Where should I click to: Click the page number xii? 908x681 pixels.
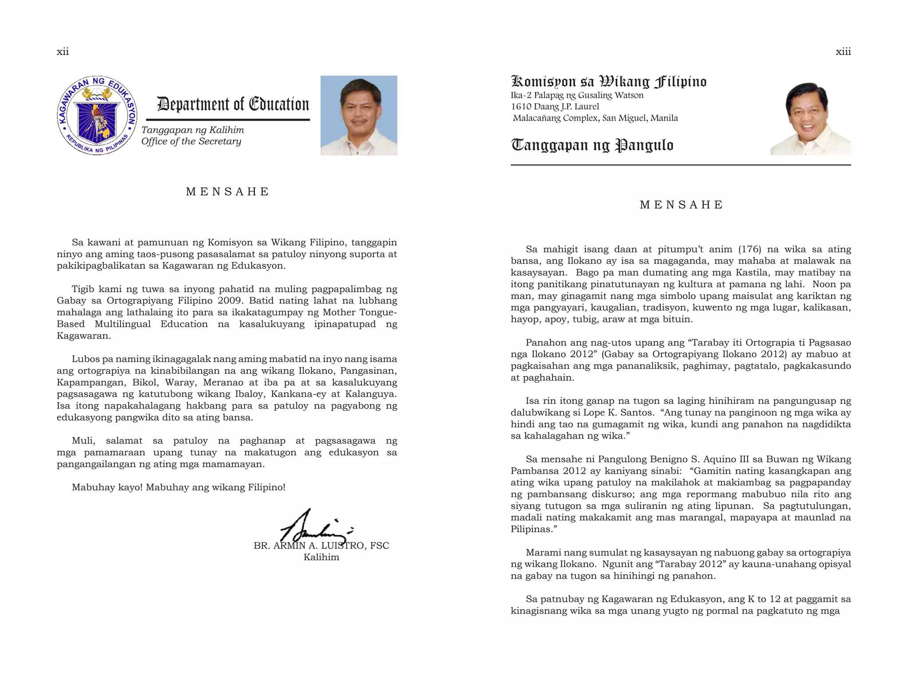pyautogui.click(x=63, y=52)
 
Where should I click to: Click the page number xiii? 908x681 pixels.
pyautogui.click(x=843, y=52)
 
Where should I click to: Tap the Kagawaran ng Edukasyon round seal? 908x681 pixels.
pyautogui.click(x=97, y=115)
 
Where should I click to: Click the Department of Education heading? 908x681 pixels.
pyautogui.click(x=233, y=105)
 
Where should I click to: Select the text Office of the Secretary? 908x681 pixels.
pyautogui.click(x=191, y=141)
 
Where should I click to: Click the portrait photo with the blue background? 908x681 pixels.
pyautogui.click(x=359, y=115)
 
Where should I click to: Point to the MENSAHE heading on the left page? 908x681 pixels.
pyautogui.click(x=227, y=192)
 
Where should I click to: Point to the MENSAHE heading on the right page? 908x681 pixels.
pyautogui.click(x=681, y=205)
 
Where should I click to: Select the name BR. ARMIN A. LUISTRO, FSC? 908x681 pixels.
pyautogui.click(x=321, y=546)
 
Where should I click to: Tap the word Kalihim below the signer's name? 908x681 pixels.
pyautogui.click(x=321, y=557)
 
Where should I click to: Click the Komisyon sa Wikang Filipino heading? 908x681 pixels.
pyautogui.click(x=609, y=82)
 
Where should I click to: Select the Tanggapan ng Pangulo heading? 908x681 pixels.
pyautogui.click(x=592, y=145)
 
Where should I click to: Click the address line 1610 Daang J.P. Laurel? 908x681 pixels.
pyautogui.click(x=555, y=107)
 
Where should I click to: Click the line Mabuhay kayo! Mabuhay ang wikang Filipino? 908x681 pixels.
pyautogui.click(x=178, y=487)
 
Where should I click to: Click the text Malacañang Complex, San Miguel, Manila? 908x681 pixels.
pyautogui.click(x=595, y=118)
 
